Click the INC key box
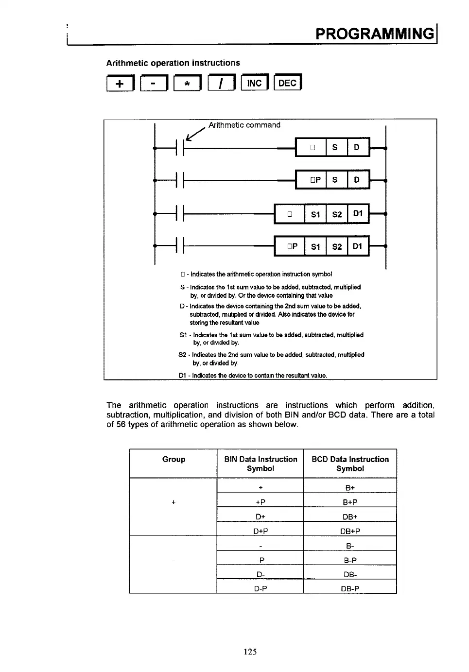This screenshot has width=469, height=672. pyautogui.click(x=254, y=83)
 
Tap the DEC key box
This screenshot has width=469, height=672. pyautogui.click(x=288, y=83)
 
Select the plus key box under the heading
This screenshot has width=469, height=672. pyautogui.click(x=120, y=84)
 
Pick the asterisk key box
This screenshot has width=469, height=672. pyautogui.click(x=187, y=84)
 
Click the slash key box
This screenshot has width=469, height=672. pyautogui.click(x=221, y=84)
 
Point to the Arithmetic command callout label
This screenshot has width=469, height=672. pyautogui.click(x=244, y=125)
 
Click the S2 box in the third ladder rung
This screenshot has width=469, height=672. pyautogui.click(x=337, y=214)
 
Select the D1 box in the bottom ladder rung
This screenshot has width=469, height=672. pyautogui.click(x=358, y=246)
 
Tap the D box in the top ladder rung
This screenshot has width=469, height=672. pyautogui.click(x=357, y=147)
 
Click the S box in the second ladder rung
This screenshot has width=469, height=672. pyautogui.click(x=335, y=180)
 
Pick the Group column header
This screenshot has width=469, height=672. pyautogui.click(x=174, y=459)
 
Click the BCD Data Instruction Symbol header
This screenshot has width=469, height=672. pyautogui.click(x=350, y=464)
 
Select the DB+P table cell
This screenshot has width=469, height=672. pyautogui.click(x=350, y=531)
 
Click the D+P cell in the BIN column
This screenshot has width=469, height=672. pyautogui.click(x=261, y=531)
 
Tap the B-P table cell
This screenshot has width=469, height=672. pyautogui.click(x=350, y=560)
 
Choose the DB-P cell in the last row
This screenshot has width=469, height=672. pyautogui.click(x=350, y=588)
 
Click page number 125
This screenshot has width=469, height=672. pyautogui.click(x=250, y=652)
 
